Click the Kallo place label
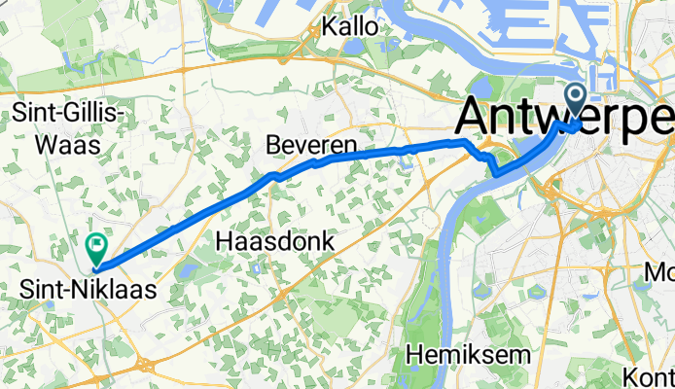tap(351, 27)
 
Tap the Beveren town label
tap(311, 147)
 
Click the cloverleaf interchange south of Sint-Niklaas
tap(149, 365)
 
